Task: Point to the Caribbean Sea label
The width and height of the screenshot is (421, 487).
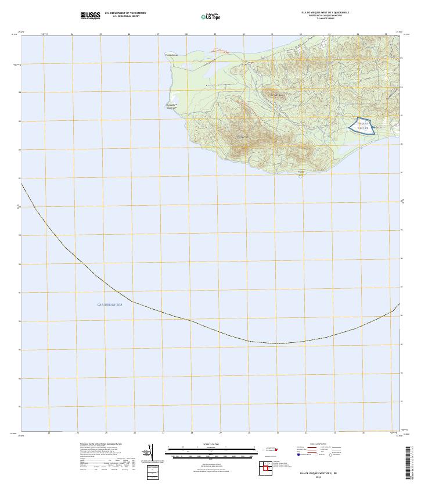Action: [109, 305]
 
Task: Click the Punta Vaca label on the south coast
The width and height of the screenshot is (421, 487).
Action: [301, 173]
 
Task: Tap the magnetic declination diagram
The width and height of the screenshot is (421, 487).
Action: [150, 452]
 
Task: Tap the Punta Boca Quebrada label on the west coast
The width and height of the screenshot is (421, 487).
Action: [171, 106]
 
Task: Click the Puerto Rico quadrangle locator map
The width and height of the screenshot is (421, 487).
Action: [268, 450]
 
